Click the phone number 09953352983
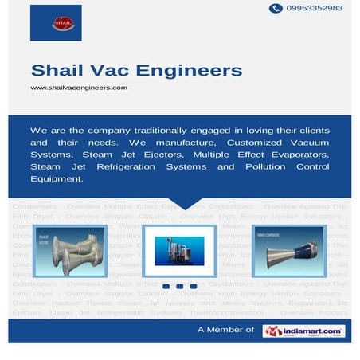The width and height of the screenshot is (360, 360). coord(315,8)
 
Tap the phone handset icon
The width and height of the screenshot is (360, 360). coord(276,8)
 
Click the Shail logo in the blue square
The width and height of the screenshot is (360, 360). coord(56,22)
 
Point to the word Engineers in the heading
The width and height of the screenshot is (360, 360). coord(191,71)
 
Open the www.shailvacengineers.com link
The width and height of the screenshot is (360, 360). coord(79,88)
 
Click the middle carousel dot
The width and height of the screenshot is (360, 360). coord(180,286)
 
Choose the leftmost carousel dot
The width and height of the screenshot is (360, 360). coord(166,286)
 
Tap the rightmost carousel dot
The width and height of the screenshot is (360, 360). coord(194,286)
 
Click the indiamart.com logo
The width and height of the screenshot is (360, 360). coord(303,331)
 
